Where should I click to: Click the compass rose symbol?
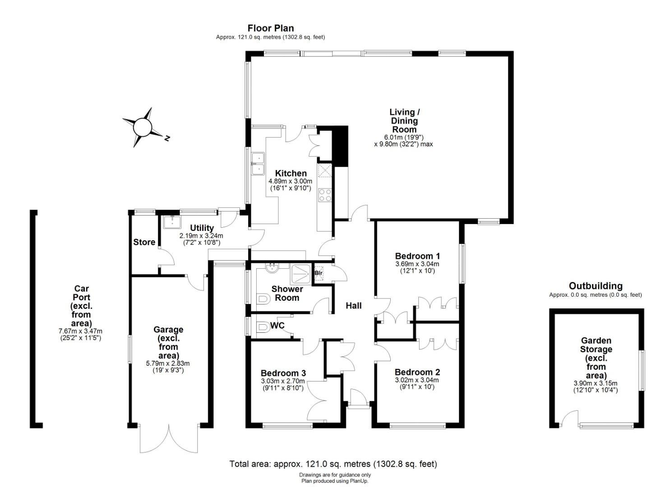click(x=143, y=127)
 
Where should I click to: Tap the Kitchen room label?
click(x=291, y=174)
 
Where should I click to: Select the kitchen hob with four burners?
click(x=325, y=195)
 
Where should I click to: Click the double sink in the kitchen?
click(x=258, y=164)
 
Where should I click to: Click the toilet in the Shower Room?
click(x=263, y=299)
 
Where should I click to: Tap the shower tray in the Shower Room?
click(x=301, y=274)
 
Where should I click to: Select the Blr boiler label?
click(x=319, y=273)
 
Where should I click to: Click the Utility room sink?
click(x=172, y=222)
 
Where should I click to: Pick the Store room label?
click(x=144, y=242)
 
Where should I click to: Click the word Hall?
click(x=354, y=306)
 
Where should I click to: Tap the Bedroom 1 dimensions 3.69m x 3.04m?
click(x=417, y=264)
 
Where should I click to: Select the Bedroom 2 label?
click(x=417, y=372)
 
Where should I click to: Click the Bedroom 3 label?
click(x=283, y=373)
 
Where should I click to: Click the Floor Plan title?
click(x=270, y=28)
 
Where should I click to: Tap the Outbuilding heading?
click(x=596, y=286)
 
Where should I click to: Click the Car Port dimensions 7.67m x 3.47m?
click(x=80, y=331)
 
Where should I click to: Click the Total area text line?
click(x=333, y=464)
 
